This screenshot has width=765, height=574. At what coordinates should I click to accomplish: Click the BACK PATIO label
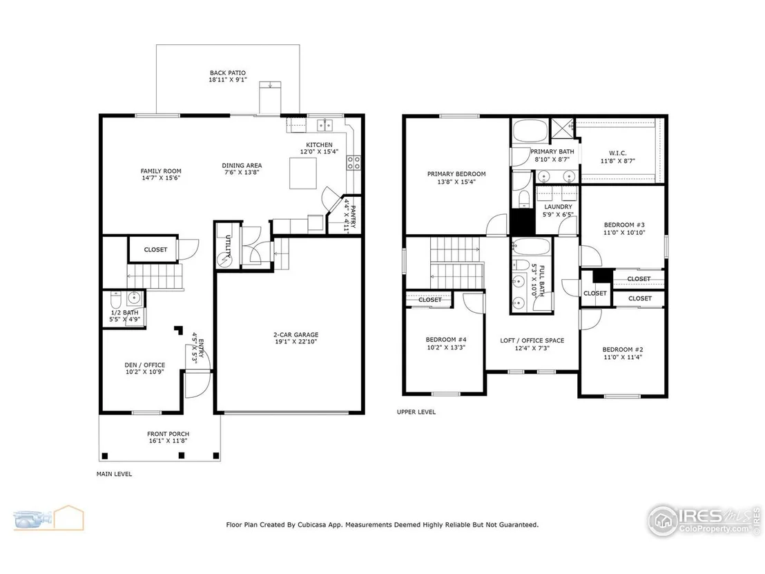pos(228,73)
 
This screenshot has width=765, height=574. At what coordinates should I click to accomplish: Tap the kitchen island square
pos(303,173)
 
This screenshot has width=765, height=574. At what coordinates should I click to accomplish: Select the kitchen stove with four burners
pos(354,163)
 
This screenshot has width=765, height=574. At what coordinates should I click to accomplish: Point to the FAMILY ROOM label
pos(161,171)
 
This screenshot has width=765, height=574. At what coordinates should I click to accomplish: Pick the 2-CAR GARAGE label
pos(296,334)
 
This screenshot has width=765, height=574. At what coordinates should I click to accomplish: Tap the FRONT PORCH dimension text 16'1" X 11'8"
pos(168,440)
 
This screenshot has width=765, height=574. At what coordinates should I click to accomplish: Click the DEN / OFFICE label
pos(145,365)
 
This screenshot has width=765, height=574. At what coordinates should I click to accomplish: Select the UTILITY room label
pos(228,245)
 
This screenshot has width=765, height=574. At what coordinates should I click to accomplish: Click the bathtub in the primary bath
pos(530,131)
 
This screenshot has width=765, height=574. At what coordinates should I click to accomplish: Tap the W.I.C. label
pos(618,153)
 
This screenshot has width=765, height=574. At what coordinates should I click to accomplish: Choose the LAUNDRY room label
pos(558,207)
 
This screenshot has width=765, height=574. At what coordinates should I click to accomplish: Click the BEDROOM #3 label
pos(624,224)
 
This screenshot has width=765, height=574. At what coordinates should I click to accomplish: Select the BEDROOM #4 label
pos(446,339)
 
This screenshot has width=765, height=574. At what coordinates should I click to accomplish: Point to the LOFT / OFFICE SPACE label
pos(532,341)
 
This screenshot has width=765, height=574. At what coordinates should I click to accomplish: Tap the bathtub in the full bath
pos(532,247)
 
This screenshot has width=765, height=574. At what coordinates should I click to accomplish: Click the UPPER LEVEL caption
pos(416,412)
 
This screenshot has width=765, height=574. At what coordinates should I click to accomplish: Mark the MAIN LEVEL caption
pos(114,473)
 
